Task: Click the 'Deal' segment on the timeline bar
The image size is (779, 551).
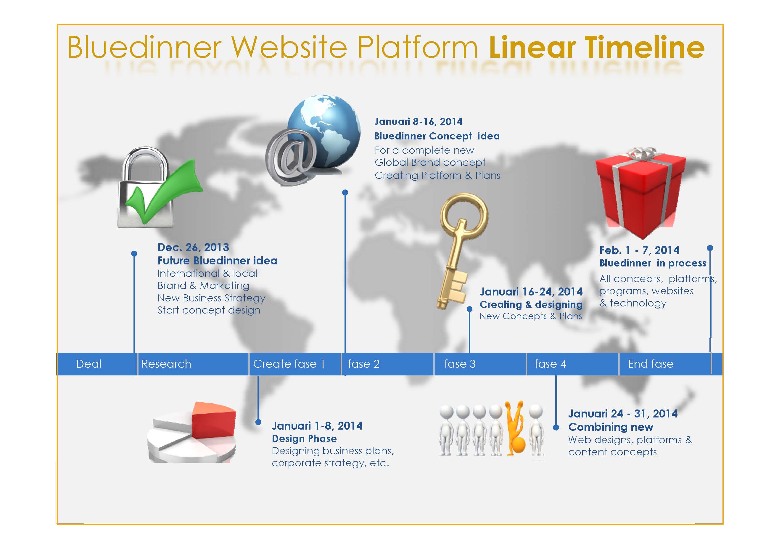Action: [88, 364]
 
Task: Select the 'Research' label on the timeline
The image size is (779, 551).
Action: [166, 364]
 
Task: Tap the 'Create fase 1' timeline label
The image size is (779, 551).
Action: [289, 364]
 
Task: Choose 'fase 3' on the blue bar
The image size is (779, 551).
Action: [460, 364]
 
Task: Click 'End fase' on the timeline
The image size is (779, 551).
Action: [651, 364]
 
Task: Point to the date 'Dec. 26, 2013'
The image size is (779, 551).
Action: [193, 247]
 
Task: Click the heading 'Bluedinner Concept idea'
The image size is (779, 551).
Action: [437, 136]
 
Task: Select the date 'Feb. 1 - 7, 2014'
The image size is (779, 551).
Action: [640, 250]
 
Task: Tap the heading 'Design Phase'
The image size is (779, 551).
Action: [304, 438]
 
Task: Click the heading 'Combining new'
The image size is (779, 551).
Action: [611, 427]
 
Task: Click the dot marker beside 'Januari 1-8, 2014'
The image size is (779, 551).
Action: [258, 422]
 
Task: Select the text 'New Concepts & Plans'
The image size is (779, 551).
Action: [531, 316]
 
